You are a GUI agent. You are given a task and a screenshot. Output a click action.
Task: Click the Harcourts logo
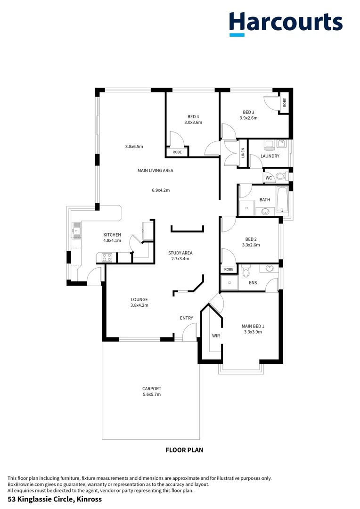[x=286, y=24]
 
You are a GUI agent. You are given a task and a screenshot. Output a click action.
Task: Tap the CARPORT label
[x=152, y=389]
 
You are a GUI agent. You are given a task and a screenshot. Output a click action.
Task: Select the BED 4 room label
[x=193, y=116]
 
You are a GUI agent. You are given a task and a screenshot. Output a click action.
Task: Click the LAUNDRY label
[x=270, y=156]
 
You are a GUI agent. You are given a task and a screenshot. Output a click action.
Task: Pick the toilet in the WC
[x=281, y=177]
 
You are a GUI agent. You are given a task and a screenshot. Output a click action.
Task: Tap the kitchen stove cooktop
[x=106, y=257]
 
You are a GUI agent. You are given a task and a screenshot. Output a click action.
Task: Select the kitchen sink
[x=75, y=231]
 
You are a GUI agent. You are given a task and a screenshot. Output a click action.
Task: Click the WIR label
[x=216, y=336]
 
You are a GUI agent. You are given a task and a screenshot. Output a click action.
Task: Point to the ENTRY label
[x=187, y=318]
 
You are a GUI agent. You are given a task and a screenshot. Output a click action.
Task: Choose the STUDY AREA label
[x=180, y=253]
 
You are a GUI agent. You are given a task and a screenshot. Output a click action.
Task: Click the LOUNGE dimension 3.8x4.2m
[x=139, y=305]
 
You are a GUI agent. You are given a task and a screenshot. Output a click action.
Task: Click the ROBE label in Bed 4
[x=177, y=152]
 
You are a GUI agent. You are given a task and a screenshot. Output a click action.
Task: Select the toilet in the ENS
[x=245, y=272]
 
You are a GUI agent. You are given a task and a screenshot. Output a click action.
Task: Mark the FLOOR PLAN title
[x=184, y=450]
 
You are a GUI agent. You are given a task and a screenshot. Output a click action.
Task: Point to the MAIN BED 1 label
[x=253, y=326]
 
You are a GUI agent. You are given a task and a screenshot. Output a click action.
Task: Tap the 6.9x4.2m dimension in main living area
[x=160, y=190]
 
